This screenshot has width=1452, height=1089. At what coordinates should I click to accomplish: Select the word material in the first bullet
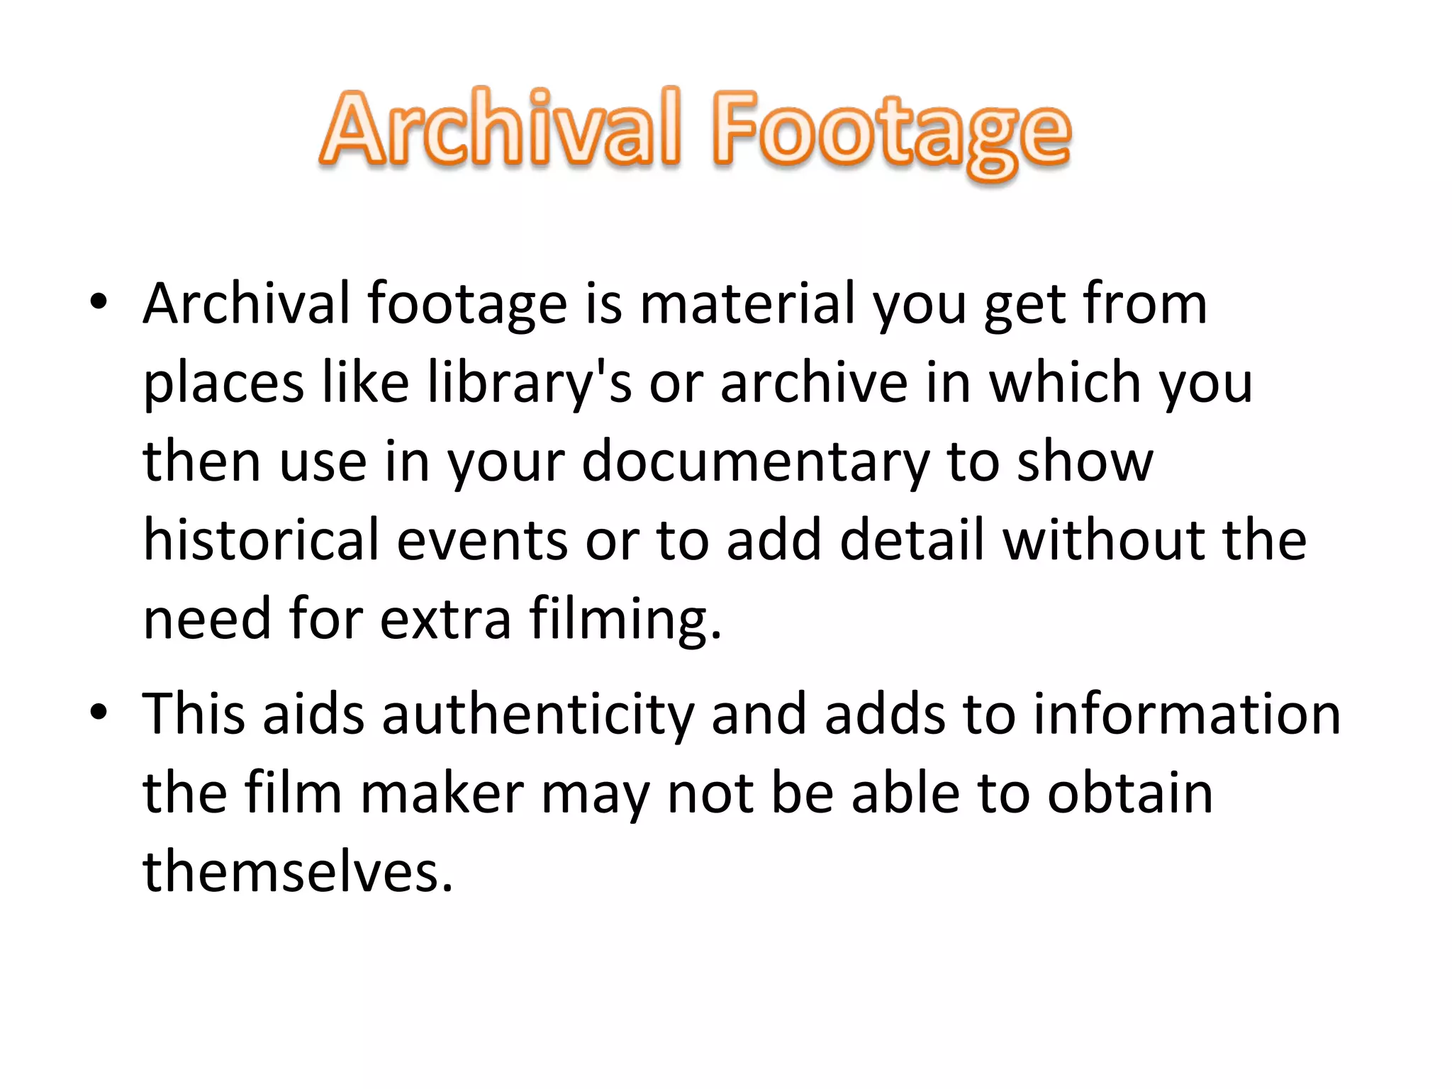[747, 303]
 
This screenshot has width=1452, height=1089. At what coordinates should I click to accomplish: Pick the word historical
[261, 540]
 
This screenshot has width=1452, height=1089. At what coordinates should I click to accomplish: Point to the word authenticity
[538, 714]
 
